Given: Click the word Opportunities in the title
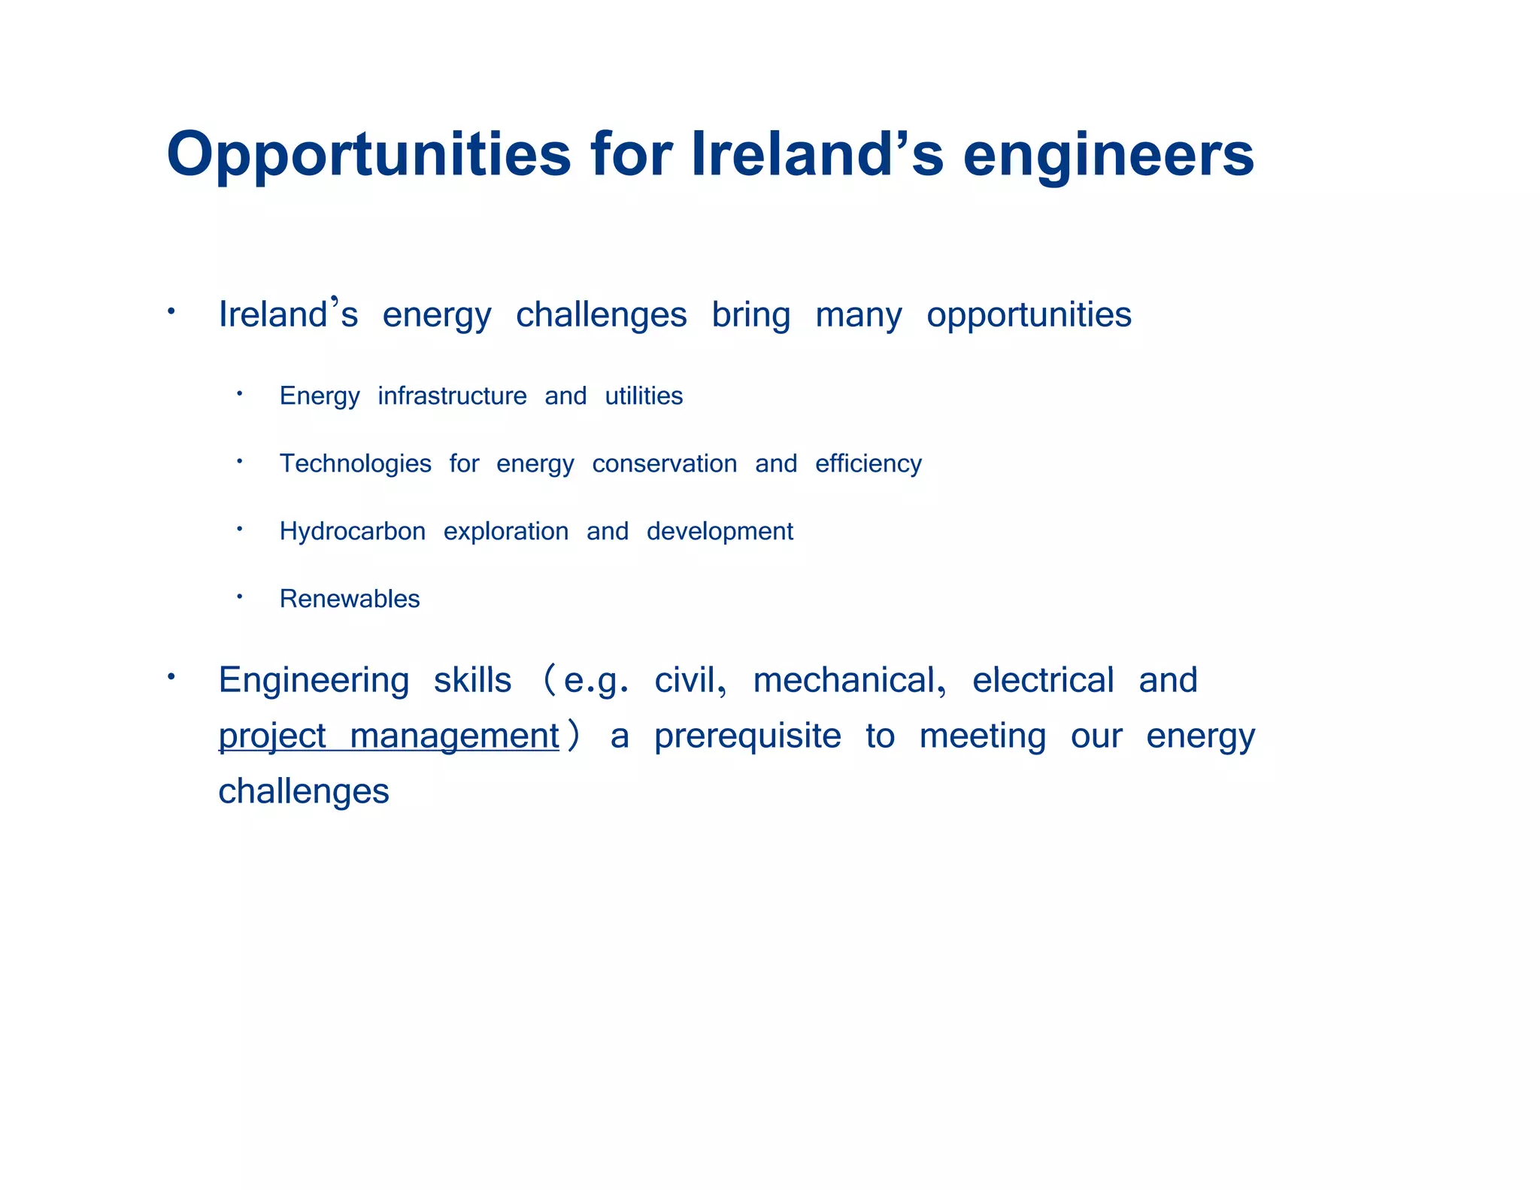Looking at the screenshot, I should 368,155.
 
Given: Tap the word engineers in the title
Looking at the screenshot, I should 1108,155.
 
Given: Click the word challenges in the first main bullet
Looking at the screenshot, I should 601,314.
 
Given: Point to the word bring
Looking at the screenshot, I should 750,314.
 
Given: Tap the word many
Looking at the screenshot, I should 858,314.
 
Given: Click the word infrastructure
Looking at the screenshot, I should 452,396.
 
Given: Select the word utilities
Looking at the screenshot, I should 644,396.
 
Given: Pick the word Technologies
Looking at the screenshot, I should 355,463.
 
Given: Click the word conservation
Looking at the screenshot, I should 664,463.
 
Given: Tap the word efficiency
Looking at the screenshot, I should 868,463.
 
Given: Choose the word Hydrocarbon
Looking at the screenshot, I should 352,531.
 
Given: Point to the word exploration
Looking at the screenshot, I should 505,531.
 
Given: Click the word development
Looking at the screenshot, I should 720,531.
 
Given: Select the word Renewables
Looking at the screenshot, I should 350,599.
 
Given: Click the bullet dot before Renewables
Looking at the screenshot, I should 239,597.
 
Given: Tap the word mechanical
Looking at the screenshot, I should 848,680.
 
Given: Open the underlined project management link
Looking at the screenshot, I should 389,736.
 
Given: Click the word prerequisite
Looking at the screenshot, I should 747,736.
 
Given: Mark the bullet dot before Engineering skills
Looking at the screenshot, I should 171,677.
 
